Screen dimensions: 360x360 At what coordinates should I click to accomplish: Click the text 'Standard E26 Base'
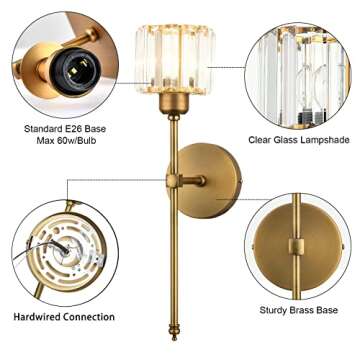point(66,128)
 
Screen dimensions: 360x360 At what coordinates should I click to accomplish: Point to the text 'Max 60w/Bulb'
point(66,141)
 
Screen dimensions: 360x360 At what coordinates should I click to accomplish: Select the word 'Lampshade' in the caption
point(323,140)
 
